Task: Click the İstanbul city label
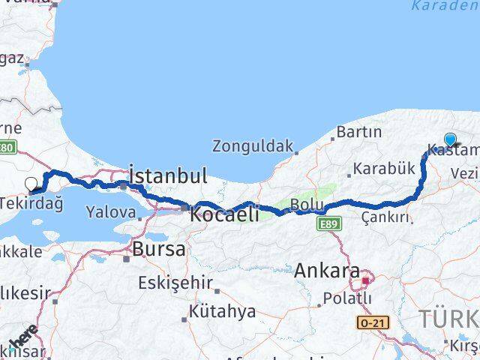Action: coord(167,176)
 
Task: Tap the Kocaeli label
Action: coord(225,214)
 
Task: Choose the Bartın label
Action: coord(359,132)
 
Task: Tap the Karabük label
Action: coord(384,169)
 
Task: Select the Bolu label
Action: coord(307,204)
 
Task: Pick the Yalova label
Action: coord(112,212)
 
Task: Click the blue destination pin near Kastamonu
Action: coord(450,139)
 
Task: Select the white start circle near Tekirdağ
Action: coord(31,182)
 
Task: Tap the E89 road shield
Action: coord(330,223)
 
